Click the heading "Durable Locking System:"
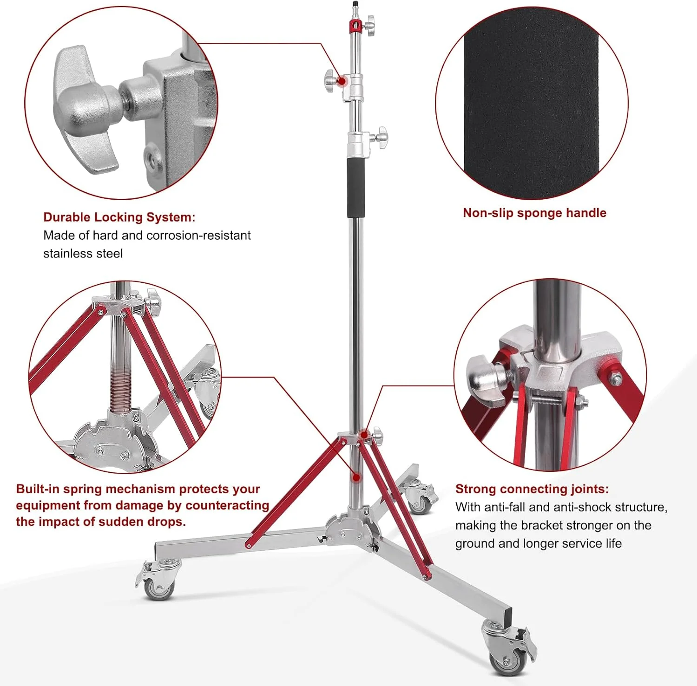(119, 217)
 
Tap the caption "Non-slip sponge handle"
(534, 213)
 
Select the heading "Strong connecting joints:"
(532, 489)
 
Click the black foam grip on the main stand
(356, 187)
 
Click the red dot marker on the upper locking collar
(342, 81)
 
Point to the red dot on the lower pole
(356, 477)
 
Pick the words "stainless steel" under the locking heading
(83, 254)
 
